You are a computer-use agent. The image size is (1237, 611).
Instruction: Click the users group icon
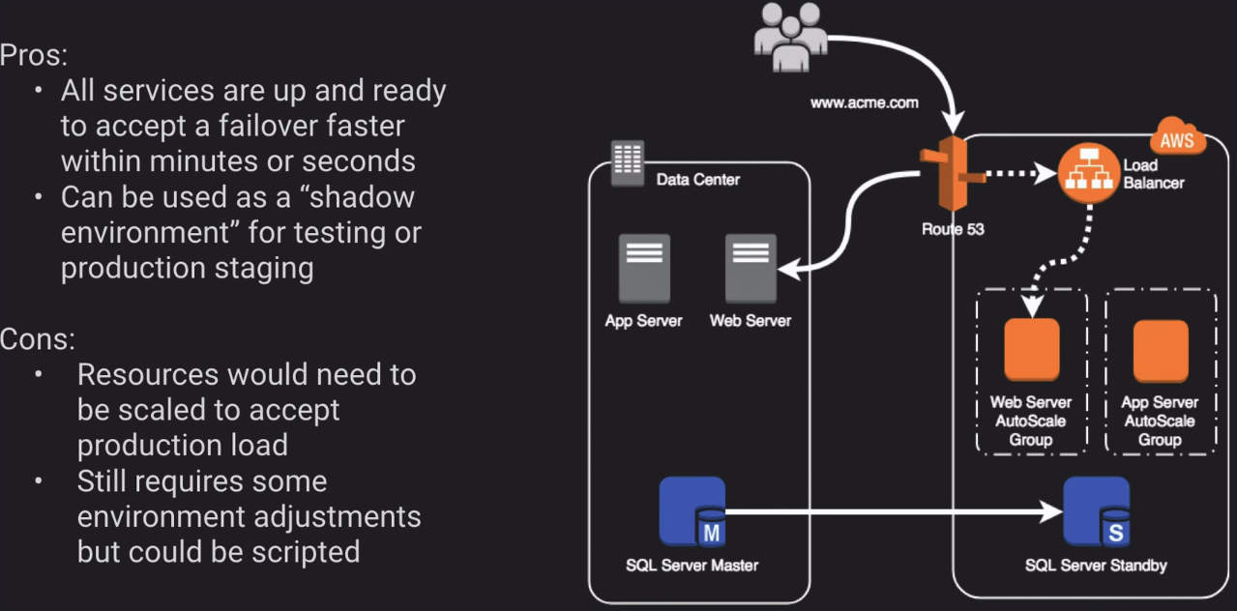tap(791, 37)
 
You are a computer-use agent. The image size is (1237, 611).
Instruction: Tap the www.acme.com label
tap(864, 102)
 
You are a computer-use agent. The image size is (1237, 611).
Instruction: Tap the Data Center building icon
tap(628, 160)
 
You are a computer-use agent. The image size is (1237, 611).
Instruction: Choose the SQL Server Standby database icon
tap(1097, 511)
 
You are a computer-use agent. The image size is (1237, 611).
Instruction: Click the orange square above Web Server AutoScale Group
tap(1031, 350)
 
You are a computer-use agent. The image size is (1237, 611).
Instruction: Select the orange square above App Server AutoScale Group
tap(1160, 350)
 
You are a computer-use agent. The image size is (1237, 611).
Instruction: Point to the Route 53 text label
tap(953, 230)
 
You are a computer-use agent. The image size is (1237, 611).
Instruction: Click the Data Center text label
tap(697, 180)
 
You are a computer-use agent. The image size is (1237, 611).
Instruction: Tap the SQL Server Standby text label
tap(1096, 566)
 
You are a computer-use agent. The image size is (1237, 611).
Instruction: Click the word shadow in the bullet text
tap(362, 197)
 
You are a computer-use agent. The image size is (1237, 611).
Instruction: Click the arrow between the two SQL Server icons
tap(890, 511)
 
